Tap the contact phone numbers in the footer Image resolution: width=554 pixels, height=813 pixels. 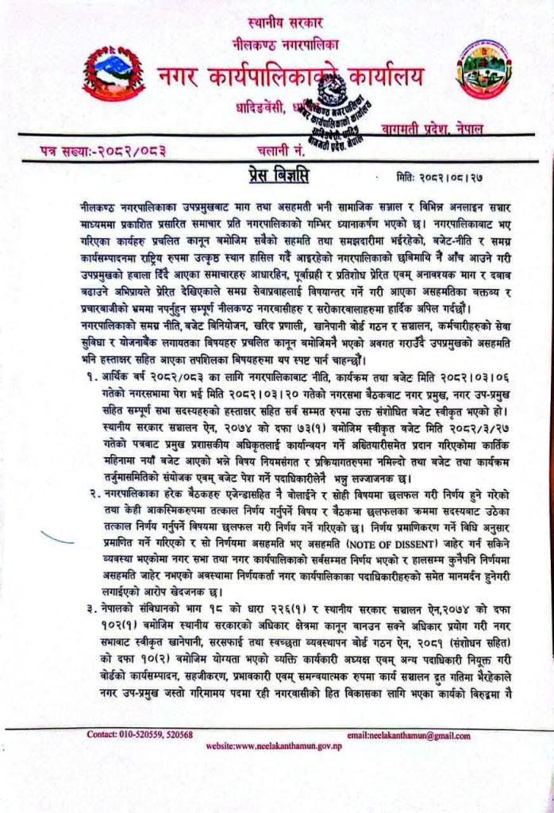[x=140, y=734]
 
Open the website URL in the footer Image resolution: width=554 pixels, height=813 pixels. [x=274, y=747]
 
